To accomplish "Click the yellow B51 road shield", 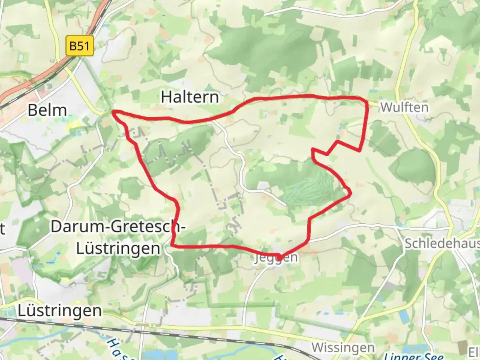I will tap(79, 46).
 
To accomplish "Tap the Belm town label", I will tap(47, 110).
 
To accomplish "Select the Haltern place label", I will tap(190, 97).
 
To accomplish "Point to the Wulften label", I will tap(404, 107).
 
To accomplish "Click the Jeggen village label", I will tap(276, 258).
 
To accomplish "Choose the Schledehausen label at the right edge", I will tap(442, 244).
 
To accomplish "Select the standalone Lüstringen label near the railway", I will tap(60, 311).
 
